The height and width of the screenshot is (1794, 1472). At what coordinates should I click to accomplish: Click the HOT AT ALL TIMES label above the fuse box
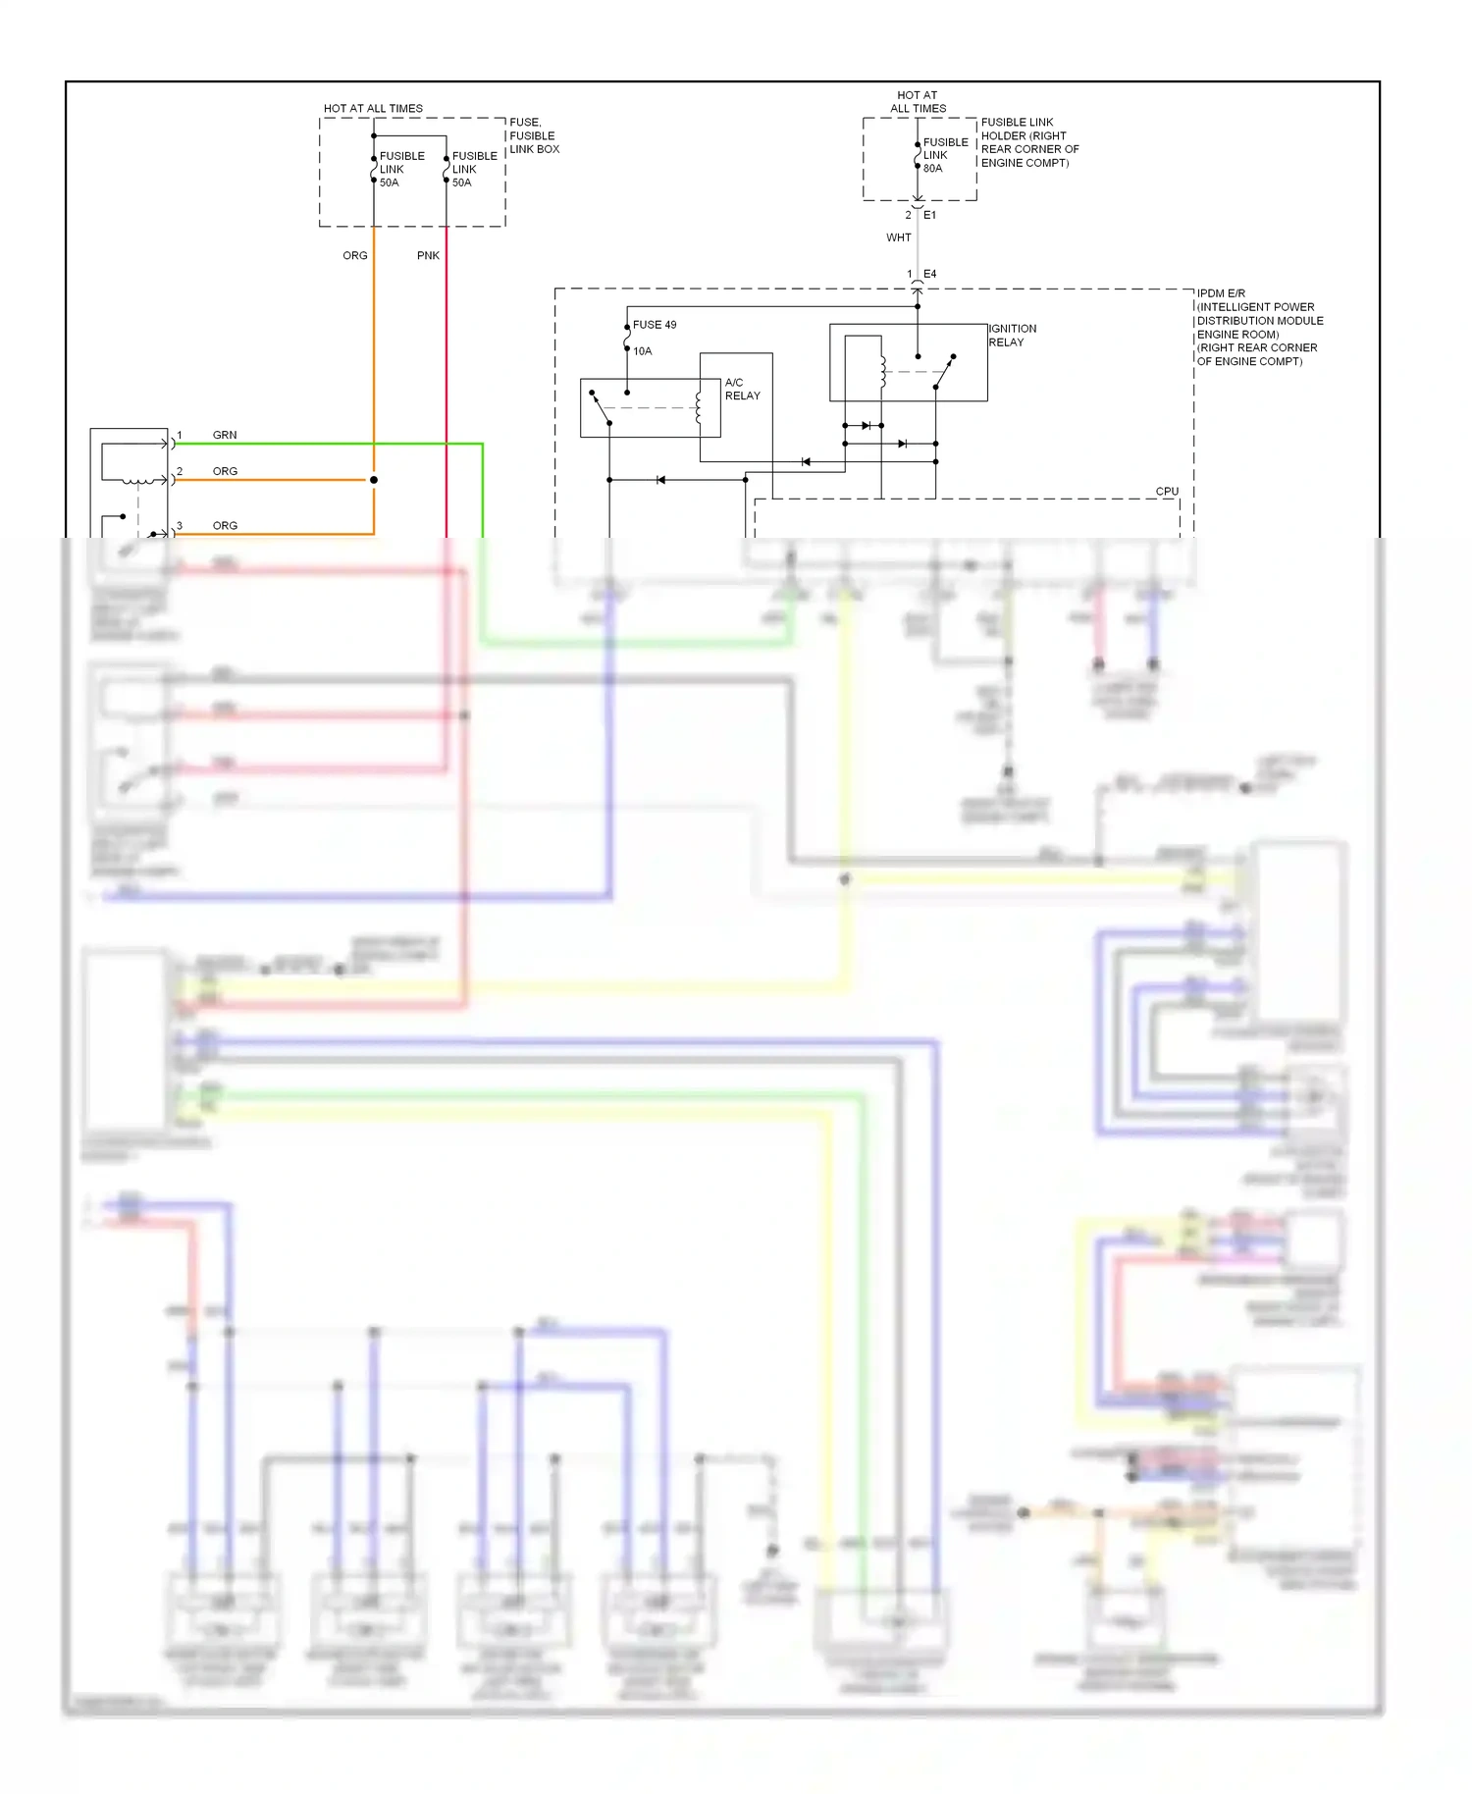coord(373,108)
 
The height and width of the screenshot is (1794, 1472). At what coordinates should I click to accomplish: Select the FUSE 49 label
coord(655,325)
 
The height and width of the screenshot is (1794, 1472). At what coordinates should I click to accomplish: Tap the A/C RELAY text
coord(742,389)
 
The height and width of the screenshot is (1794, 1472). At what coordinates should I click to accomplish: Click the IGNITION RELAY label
coord(1012,336)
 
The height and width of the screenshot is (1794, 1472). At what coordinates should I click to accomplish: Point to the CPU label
coord(1167,492)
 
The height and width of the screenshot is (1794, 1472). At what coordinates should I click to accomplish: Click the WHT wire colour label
coord(898,237)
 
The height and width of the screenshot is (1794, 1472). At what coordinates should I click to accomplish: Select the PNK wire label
coord(428,255)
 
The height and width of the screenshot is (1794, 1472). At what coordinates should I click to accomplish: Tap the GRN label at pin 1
coord(225,435)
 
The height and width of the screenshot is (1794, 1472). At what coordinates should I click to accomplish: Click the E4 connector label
coord(929,274)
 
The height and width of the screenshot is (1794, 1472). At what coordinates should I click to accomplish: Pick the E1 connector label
coord(929,215)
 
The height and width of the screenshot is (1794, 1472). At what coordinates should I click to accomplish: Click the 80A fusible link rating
coord(932,169)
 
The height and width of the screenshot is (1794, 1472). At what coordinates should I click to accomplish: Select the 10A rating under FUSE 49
coord(642,351)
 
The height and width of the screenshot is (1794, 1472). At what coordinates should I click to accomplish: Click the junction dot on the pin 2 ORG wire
coord(374,480)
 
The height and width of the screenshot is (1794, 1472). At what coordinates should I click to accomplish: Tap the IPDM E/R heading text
coord(1221,293)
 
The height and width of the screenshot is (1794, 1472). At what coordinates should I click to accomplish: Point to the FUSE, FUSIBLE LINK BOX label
coord(534,135)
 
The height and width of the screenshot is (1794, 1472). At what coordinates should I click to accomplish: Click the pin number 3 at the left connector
coord(180,526)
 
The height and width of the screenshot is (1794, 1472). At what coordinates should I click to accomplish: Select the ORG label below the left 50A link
coord(354,255)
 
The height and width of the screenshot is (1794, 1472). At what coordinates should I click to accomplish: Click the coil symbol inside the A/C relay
coord(699,407)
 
